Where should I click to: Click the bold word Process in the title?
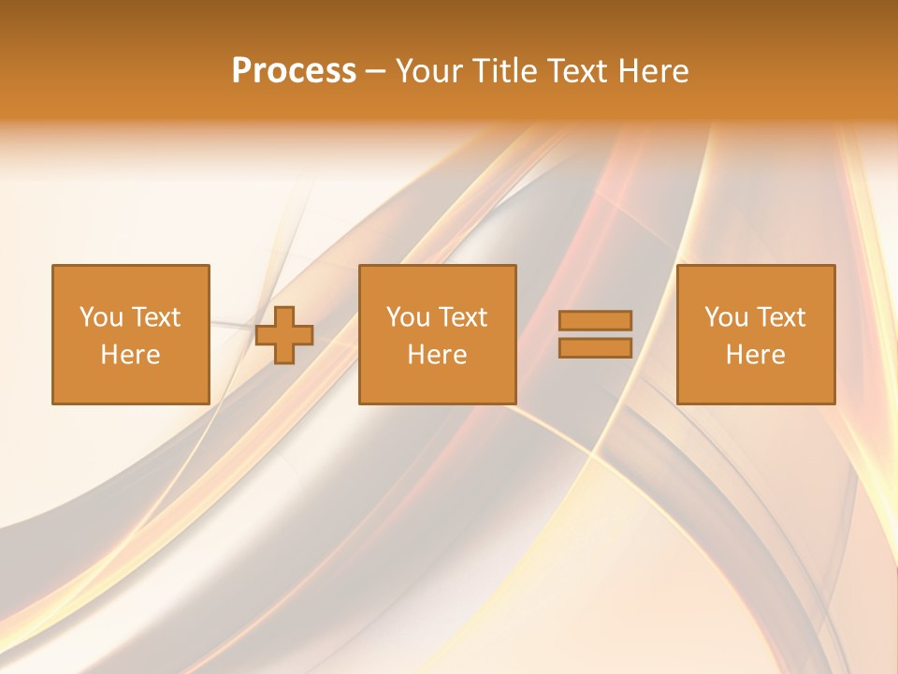click(294, 71)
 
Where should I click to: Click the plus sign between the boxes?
click(285, 335)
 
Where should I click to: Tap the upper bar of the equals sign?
click(595, 321)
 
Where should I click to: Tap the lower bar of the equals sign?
click(595, 347)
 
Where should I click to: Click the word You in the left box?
click(101, 317)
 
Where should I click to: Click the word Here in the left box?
click(130, 355)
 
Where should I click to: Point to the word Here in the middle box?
click(437, 355)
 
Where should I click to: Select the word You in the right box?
click(726, 317)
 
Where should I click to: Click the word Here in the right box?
click(755, 355)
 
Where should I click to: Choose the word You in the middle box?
click(408, 317)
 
